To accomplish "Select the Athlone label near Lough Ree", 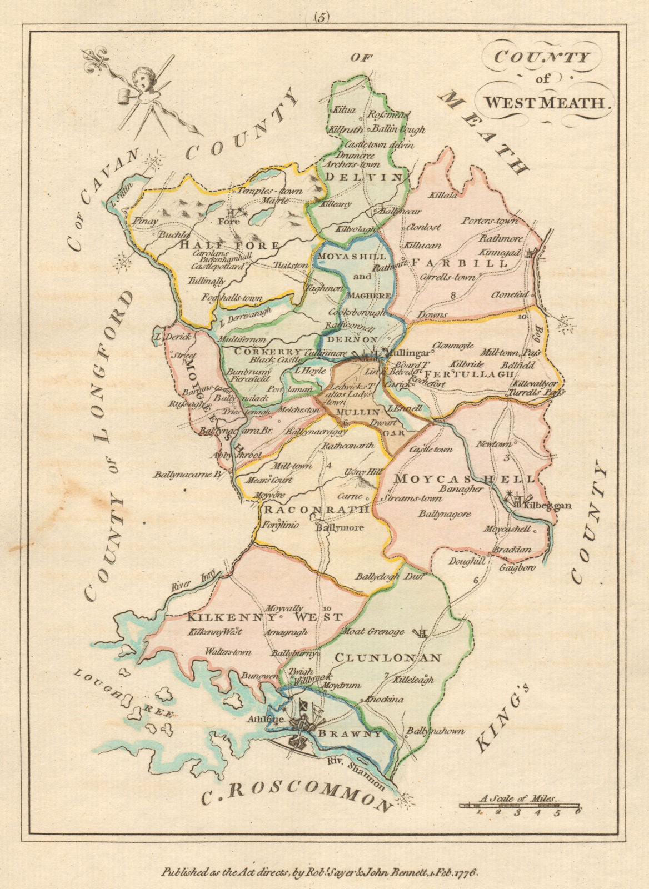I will [x=279, y=718].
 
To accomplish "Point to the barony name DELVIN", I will [x=364, y=177].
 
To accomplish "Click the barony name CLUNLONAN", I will [x=388, y=658].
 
